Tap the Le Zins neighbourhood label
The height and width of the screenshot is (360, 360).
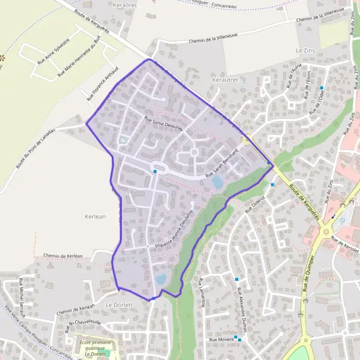(305, 51)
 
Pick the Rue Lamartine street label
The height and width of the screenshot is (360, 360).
(200, 293)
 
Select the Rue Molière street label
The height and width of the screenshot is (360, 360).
(221, 340)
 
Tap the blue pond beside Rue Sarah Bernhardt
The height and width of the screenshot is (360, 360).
(217, 181)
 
